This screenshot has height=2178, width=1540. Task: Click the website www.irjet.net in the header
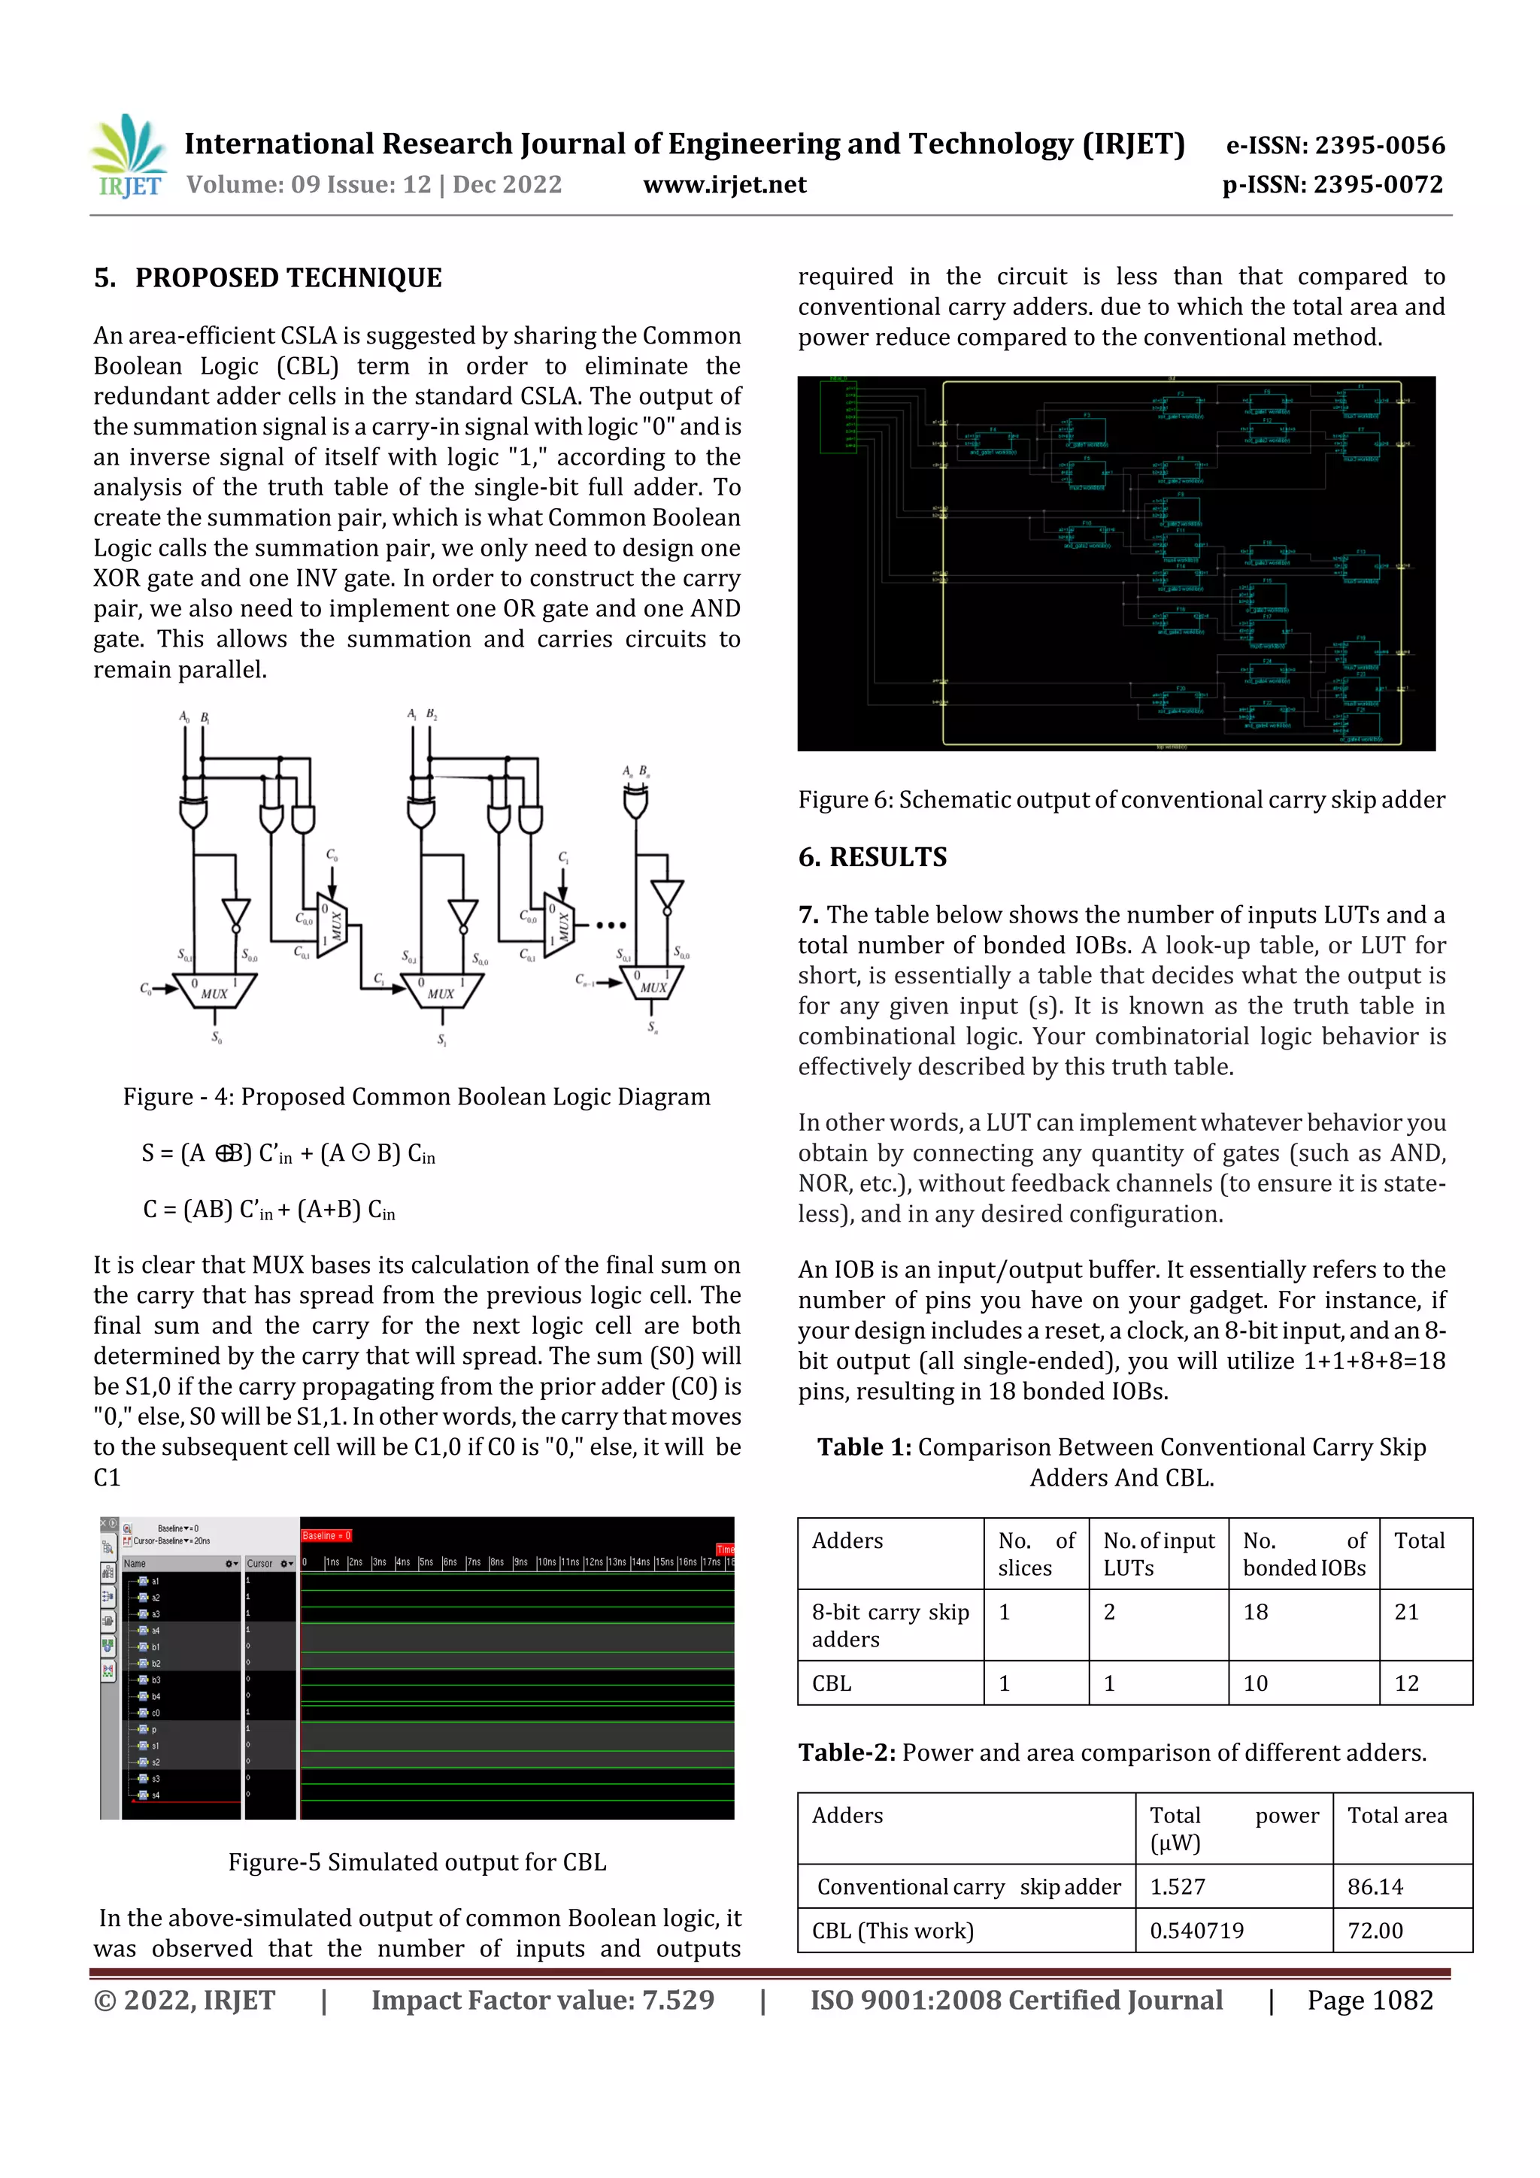pos(724,184)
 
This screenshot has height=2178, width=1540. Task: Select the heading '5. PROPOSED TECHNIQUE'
pos(268,278)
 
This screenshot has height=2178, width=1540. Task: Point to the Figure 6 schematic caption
pos(1120,800)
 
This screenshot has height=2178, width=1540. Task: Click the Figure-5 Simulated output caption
pos(417,1862)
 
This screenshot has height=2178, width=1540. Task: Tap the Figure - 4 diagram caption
pos(417,1097)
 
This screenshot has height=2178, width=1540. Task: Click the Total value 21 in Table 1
pos(1406,1612)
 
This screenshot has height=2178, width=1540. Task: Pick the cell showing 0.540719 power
pos(1196,1931)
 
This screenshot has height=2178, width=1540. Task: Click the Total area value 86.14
pos(1375,1887)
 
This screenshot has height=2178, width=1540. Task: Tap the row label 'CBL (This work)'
pos(892,1931)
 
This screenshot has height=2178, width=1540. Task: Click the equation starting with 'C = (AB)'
pos(268,1210)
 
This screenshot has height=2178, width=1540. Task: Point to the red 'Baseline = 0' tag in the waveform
pos(326,1535)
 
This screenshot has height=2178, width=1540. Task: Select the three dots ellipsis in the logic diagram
pos(610,925)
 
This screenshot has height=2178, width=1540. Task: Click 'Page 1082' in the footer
pos(1369,2000)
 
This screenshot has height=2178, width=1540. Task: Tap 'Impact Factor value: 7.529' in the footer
pos(542,2000)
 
